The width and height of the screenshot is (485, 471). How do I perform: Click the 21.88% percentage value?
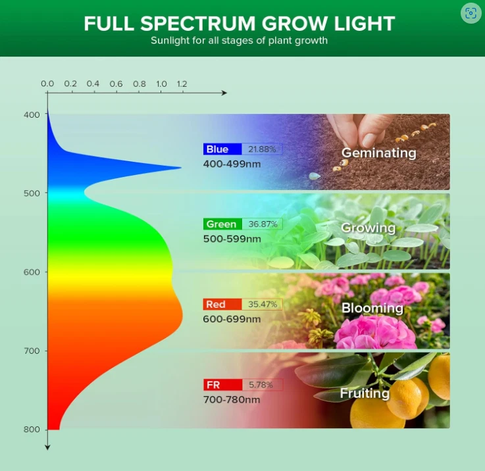(x=262, y=149)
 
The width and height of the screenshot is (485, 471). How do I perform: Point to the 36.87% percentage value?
(x=262, y=224)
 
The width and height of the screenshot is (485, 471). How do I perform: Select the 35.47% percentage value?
(x=262, y=305)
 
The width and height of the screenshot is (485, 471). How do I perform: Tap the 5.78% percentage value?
(x=261, y=385)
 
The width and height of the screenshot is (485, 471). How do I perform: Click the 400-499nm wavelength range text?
(x=232, y=163)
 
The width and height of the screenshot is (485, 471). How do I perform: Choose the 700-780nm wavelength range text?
(x=232, y=399)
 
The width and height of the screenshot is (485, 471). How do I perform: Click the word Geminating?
(x=378, y=153)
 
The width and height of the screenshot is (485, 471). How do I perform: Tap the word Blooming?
(x=372, y=308)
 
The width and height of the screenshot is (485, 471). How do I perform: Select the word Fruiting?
(x=365, y=393)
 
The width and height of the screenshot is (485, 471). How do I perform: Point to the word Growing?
(x=368, y=228)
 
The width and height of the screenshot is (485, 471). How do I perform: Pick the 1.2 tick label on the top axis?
(x=182, y=84)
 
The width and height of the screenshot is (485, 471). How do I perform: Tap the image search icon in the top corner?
(x=471, y=13)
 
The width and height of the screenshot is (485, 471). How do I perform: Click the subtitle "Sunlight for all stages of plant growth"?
(x=239, y=41)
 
